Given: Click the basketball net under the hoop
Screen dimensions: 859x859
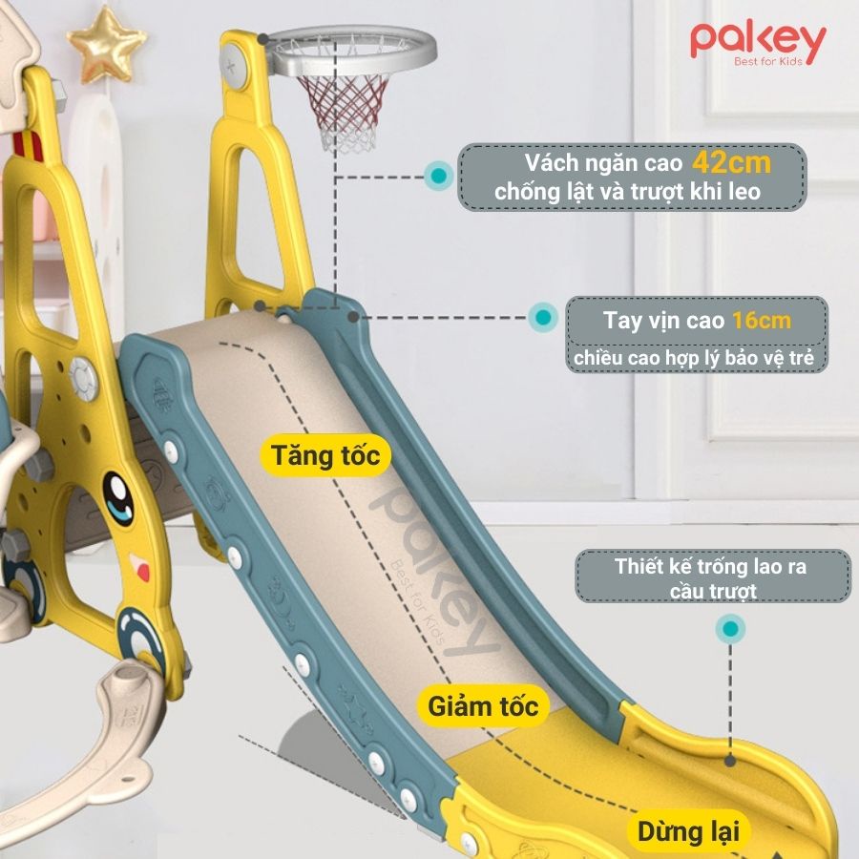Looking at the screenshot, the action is pos(343,111).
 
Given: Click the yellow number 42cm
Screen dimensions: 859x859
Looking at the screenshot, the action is pos(732,162).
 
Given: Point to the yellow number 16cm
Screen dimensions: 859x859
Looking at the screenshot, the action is pos(762,320).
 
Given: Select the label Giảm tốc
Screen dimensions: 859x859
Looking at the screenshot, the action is pos(482,707).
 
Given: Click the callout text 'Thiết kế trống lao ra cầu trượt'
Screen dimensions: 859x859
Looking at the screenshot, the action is pos(712,578).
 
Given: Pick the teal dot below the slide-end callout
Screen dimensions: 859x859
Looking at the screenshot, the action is pos(731,628).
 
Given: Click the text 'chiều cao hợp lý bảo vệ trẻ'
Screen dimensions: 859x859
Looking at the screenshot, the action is pos(699,358).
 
